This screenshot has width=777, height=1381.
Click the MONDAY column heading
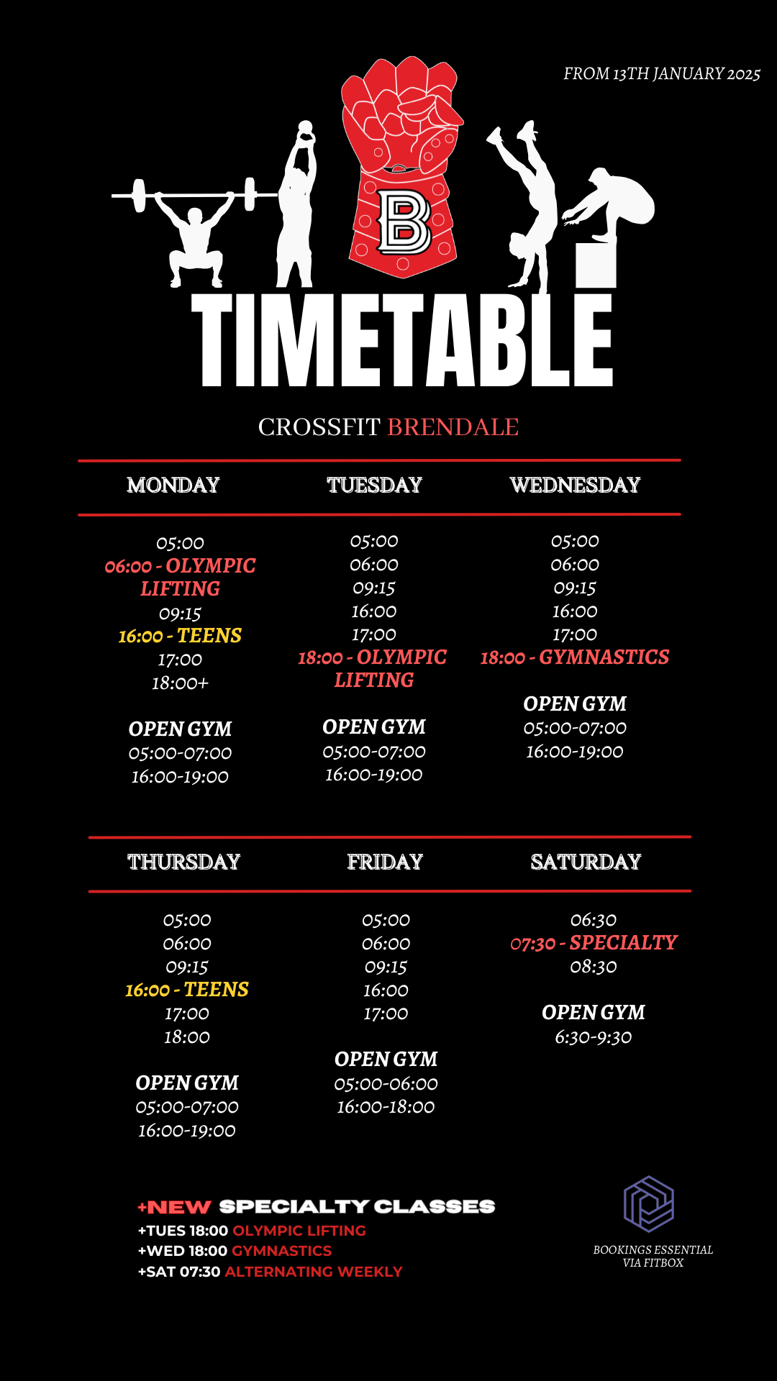173,485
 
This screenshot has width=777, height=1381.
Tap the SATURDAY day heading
586,862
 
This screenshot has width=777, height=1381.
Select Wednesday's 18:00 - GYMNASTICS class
575,657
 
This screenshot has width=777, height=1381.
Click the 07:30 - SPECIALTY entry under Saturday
594,943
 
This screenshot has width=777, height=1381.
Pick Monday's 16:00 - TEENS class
180,636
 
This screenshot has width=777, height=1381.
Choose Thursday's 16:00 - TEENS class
187,990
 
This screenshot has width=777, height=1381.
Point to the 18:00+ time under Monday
180,683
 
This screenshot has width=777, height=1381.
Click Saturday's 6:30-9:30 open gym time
594,1037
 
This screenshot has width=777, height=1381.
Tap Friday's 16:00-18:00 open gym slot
386,1107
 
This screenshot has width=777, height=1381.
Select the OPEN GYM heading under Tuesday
374,727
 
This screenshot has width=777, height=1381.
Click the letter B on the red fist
404,222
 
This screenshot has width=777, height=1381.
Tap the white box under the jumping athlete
596,265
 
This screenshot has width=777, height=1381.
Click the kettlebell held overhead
306,129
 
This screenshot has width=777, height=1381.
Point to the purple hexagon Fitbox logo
649,1204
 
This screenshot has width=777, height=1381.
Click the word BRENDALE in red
453,427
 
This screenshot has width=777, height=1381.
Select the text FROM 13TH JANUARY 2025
662,74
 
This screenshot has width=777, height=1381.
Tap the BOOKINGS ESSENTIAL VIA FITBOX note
653,1256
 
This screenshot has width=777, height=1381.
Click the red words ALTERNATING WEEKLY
314,1272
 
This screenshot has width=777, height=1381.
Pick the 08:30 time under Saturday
594,967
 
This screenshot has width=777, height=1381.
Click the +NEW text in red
174,1207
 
